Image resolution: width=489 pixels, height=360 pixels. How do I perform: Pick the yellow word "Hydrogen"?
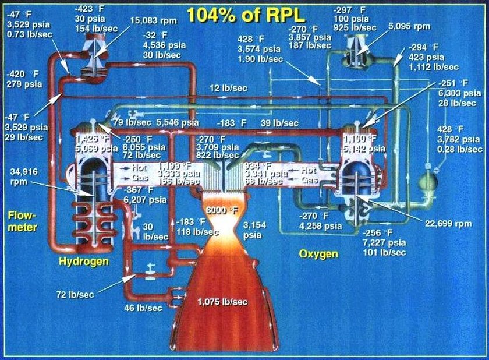84,262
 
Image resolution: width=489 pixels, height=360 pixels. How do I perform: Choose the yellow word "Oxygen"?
318,254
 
